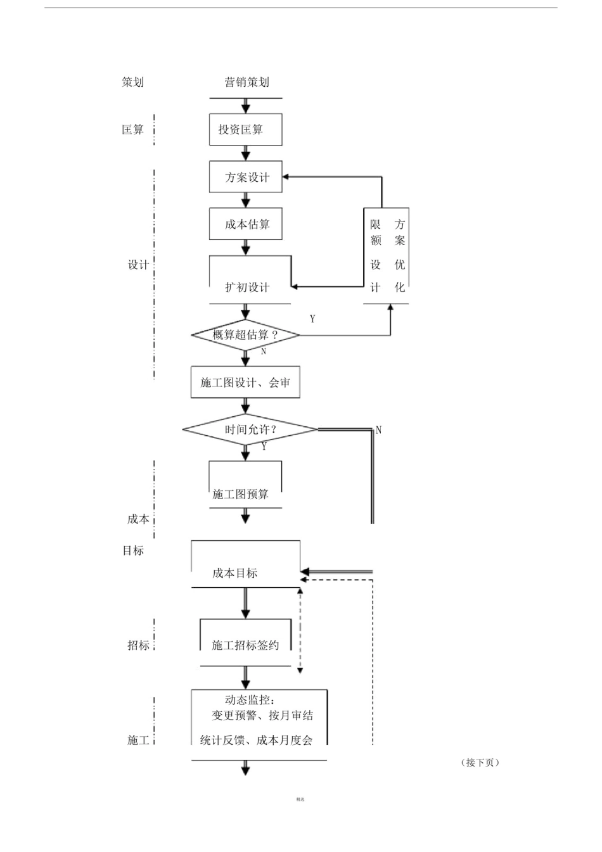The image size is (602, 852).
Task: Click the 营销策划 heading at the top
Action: pos(247,82)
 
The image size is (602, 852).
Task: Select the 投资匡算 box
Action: pos(245,129)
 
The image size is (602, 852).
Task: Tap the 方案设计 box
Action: pos(245,177)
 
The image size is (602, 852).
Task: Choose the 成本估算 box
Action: pos(245,224)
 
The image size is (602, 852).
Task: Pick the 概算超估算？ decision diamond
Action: pos(245,334)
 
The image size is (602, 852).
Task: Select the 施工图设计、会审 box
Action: pos(245,382)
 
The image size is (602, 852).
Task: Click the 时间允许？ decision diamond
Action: pos(250,429)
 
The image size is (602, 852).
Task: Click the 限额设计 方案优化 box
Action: pos(387,256)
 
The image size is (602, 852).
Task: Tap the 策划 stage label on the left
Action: pos(133,82)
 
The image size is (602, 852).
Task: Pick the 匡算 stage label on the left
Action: pos(133,130)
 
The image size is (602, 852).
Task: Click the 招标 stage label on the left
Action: pos(138,645)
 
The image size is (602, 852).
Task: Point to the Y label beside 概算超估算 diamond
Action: pos(312,319)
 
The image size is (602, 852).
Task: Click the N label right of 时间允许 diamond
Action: pos(378,430)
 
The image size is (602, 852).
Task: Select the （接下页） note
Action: pos(480,763)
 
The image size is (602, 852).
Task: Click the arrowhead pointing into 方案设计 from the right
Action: pos(286,177)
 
